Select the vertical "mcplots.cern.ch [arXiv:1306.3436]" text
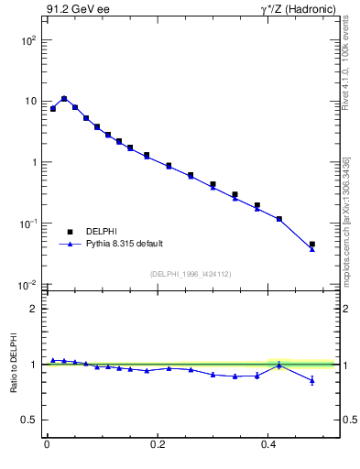345,221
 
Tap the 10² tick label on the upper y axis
29,40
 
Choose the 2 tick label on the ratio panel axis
34,309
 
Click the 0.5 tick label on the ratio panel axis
30,420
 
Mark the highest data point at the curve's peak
64,98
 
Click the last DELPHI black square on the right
312,245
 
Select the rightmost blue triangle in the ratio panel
312,380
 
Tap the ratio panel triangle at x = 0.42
279,365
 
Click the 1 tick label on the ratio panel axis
34,365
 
